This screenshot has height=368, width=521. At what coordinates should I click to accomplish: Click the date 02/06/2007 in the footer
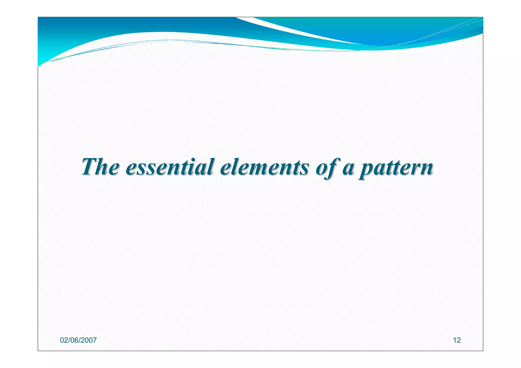(x=78, y=340)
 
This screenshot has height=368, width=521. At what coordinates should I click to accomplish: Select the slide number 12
(x=457, y=340)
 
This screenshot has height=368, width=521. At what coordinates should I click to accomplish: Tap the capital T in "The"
(x=89, y=167)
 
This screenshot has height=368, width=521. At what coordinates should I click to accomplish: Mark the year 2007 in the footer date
(x=89, y=340)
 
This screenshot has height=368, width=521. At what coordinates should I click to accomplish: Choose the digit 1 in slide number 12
(x=455, y=340)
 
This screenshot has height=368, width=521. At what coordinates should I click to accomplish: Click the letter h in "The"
(x=102, y=167)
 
